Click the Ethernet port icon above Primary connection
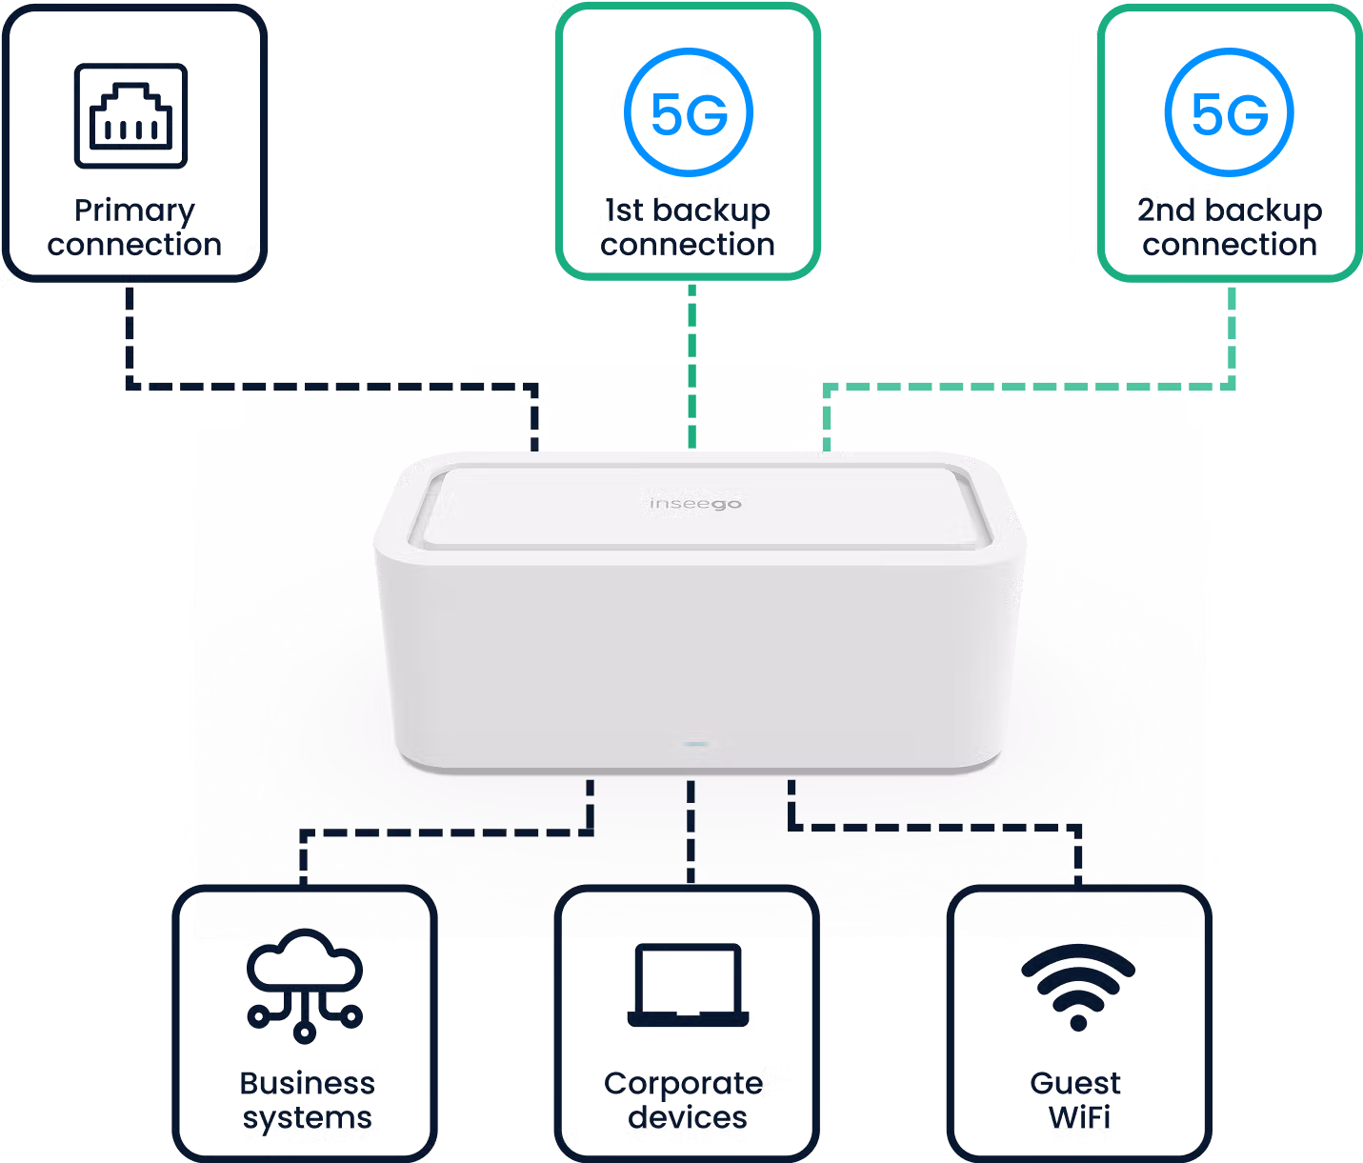(131, 116)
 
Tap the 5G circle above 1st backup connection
(689, 113)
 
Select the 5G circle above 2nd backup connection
(1230, 113)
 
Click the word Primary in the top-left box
(134, 211)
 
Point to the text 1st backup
(688, 211)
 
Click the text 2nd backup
(1230, 211)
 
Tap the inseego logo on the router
(694, 503)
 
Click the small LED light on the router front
(694, 744)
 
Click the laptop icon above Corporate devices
(688, 985)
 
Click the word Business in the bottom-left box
(307, 1084)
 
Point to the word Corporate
(683, 1084)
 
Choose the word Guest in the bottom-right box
(1075, 1084)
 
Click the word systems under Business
(307, 1118)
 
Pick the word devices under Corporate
(688, 1117)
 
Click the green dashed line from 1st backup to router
(692, 367)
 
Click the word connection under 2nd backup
(1230, 245)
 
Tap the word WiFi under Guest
(1079, 1117)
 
